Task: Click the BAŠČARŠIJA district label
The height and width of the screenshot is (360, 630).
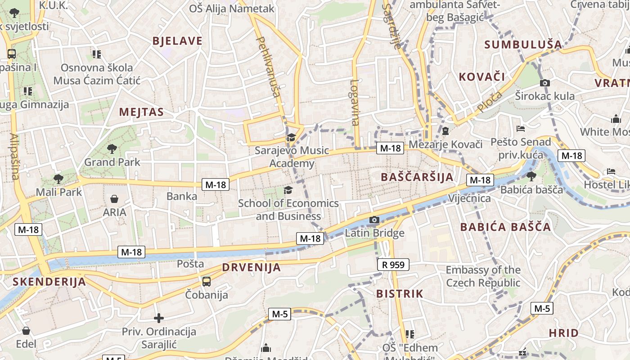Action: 417,177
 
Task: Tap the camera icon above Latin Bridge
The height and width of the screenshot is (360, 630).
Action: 374,220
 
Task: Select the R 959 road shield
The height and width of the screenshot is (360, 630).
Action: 393,265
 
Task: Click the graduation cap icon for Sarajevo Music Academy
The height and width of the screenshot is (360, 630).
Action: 291,137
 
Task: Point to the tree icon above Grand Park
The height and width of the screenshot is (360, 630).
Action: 112,148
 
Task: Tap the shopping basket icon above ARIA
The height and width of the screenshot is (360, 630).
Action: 114,199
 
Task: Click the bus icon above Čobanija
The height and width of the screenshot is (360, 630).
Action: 207,282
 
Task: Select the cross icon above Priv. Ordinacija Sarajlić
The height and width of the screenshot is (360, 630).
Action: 158,318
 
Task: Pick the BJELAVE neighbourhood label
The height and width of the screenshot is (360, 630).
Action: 177,41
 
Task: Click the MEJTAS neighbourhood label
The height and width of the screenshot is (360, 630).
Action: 141,112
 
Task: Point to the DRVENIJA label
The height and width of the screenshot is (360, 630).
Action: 252,267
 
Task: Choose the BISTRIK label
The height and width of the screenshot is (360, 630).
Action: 400,294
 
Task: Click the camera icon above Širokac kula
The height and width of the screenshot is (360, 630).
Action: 544,83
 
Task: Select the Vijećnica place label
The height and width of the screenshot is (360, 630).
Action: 469,198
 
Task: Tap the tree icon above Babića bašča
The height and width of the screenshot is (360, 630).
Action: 531,176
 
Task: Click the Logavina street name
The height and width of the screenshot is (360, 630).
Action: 355,103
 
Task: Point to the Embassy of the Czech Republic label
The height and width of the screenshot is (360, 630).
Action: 483,276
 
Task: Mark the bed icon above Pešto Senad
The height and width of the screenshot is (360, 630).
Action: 521,129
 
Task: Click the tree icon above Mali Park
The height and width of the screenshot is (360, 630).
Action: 58,179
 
